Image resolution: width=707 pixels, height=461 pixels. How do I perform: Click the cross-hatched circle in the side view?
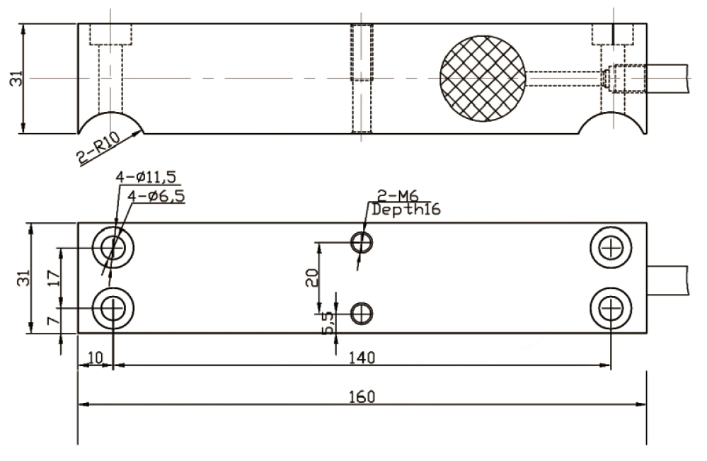click(483, 79)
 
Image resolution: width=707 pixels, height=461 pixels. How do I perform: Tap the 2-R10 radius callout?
click(98, 147)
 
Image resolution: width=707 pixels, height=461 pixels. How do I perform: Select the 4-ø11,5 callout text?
click(146, 177)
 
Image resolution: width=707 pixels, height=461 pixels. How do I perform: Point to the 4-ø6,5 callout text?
click(156, 196)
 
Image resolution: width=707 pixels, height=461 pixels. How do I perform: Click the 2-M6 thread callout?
click(398, 195)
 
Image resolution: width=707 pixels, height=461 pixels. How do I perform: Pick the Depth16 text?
click(406, 210)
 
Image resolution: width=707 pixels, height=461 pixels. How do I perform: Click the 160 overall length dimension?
click(362, 397)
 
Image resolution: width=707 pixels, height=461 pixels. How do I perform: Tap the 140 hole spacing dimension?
click(362, 358)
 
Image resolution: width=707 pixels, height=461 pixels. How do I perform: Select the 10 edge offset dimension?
click(95, 358)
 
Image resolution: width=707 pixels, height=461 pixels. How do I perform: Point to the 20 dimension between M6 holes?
click(312, 278)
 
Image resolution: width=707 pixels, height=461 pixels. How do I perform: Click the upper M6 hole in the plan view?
click(362, 243)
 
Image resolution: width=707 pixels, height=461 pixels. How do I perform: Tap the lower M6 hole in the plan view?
click(362, 314)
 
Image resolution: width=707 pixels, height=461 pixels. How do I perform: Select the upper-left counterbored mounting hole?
click(113, 247)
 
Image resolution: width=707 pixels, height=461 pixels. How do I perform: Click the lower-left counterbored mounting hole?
click(113, 309)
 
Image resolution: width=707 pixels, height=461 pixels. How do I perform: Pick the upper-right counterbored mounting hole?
click(611, 248)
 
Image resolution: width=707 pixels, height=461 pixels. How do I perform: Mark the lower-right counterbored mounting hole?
click(611, 309)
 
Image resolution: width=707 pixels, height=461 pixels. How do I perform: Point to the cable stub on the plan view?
click(668, 280)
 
